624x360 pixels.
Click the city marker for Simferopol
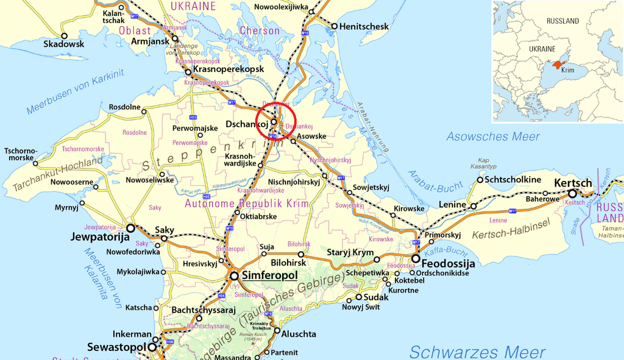tap(235, 276)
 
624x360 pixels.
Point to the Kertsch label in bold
tap(572, 183)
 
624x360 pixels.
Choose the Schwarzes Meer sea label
tap(477, 351)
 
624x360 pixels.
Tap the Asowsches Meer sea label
tap(493, 136)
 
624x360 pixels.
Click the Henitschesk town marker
tap(334, 26)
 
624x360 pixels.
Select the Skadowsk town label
tap(64, 44)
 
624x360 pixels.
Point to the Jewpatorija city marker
tap(130, 228)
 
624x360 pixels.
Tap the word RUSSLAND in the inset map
tap(562, 21)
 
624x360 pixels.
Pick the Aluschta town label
tap(299, 334)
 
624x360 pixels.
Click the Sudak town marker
tap(359, 297)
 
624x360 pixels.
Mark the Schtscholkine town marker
tap(480, 180)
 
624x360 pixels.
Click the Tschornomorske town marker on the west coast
tap(35, 163)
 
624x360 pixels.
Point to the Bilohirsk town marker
tap(300, 254)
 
